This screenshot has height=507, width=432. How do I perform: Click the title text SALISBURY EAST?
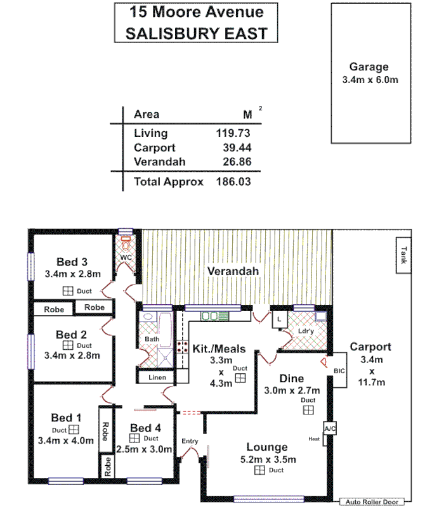pyautogui.click(x=196, y=33)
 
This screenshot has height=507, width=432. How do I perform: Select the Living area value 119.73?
pyautogui.click(x=234, y=133)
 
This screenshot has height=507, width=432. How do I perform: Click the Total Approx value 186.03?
pyautogui.click(x=234, y=182)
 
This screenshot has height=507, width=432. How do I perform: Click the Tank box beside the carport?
pyautogui.click(x=402, y=255)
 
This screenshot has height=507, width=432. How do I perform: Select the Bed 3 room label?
pyautogui.click(x=72, y=262)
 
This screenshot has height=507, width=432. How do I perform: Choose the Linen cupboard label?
pyautogui.click(x=157, y=378)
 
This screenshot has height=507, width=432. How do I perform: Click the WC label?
pyautogui.click(x=126, y=259)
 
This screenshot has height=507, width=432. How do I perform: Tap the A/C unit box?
pyautogui.click(x=330, y=429)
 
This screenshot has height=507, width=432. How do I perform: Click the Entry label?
pyautogui.click(x=190, y=441)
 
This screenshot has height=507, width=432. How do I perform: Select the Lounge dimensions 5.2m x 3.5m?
pyautogui.click(x=267, y=459)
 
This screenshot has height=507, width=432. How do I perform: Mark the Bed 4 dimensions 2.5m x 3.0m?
pyautogui.click(x=145, y=449)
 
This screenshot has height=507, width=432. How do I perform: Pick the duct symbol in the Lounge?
pyautogui.click(x=259, y=470)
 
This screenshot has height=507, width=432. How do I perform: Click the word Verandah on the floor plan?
pyautogui.click(x=233, y=271)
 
